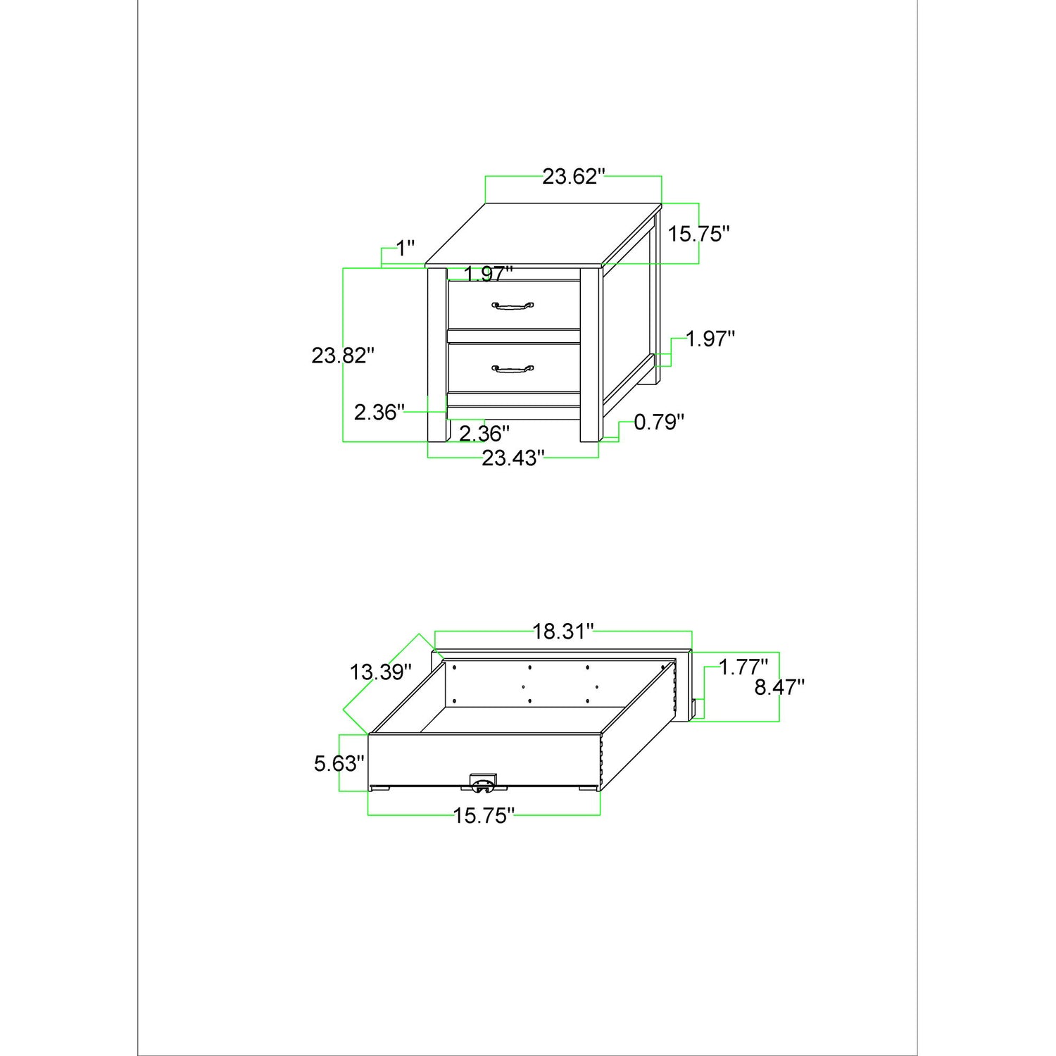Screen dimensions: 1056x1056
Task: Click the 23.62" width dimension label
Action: [x=574, y=177]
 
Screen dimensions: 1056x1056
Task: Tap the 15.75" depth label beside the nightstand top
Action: [x=699, y=234]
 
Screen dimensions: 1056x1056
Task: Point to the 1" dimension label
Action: [x=406, y=249]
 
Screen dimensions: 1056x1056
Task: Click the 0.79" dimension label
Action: [x=660, y=422]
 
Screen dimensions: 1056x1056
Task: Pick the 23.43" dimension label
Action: [x=513, y=458]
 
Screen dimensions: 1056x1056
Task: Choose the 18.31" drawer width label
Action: [x=564, y=631]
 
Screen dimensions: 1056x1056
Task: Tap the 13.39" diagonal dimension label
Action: [x=381, y=672]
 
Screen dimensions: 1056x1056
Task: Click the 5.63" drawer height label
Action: [x=339, y=763]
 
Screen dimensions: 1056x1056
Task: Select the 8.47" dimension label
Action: [x=780, y=687]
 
